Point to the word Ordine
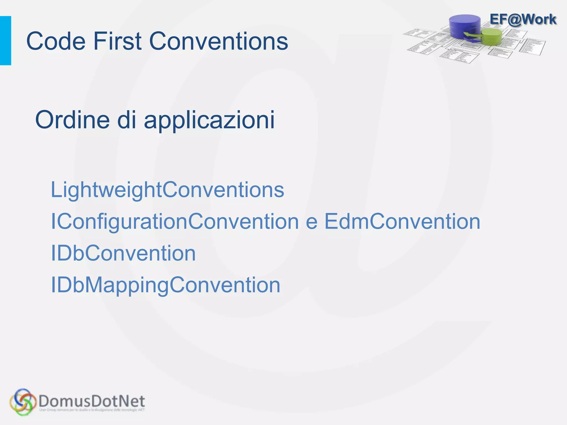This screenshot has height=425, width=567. tap(73, 120)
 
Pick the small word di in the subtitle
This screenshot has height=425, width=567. tap(127, 120)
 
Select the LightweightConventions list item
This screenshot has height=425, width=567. tap(167, 190)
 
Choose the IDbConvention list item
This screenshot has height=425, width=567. tap(123, 253)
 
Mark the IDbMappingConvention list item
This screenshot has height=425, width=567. tap(166, 285)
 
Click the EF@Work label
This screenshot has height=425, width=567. tap(523, 19)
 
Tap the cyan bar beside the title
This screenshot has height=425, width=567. tap(6, 41)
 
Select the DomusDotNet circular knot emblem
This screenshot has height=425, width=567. tap(23, 402)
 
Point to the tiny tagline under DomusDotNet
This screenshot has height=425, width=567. tap(92, 410)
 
